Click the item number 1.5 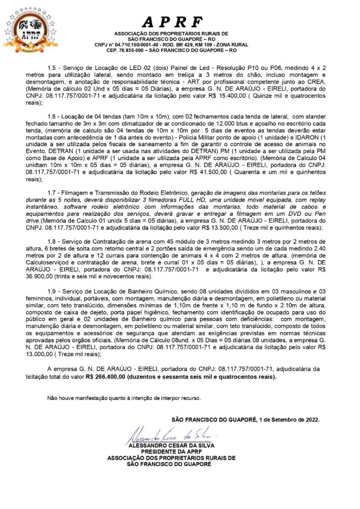(x=52, y=68)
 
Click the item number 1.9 (x=52, y=292)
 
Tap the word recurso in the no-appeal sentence (x=189, y=398)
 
